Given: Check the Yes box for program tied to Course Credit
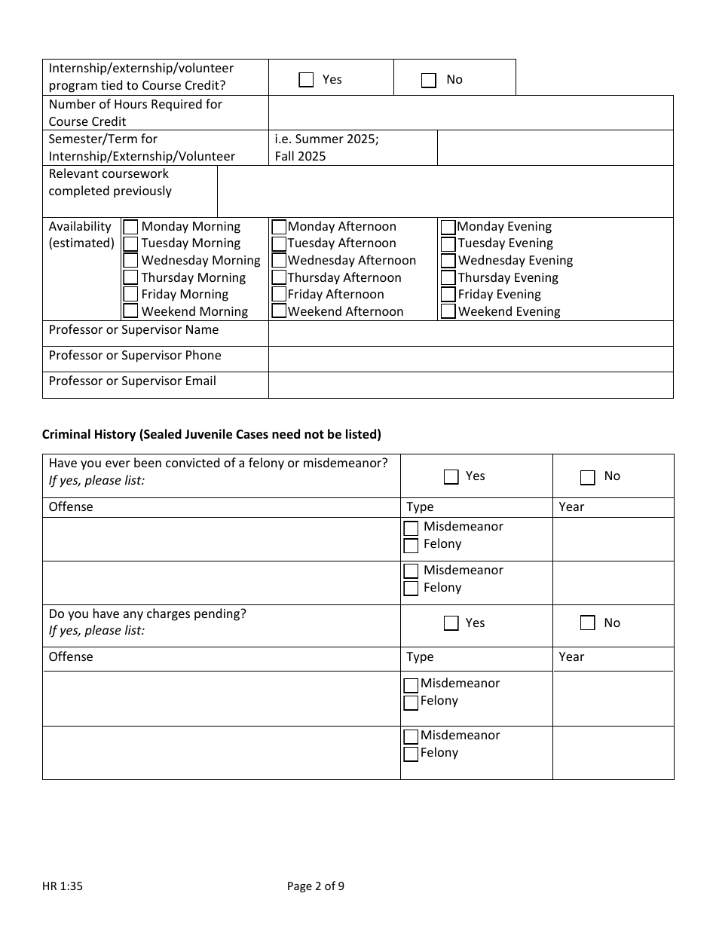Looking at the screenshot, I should tap(306, 80).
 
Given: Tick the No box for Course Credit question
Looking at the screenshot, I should tap(429, 81).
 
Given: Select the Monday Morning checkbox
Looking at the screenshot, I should tap(131, 227).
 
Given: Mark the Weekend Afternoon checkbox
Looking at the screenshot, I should tap(279, 311).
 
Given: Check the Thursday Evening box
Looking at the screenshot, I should tap(448, 278).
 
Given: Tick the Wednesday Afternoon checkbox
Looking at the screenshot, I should tap(279, 261).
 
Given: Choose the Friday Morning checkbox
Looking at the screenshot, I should tap(131, 295).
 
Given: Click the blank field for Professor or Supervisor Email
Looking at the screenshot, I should tap(470, 384).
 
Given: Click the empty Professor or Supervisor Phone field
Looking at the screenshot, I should tap(470, 359).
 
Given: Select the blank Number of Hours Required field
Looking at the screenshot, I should tap(470, 113).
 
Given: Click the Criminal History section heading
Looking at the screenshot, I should tap(212, 434).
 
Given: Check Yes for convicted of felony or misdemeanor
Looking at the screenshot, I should tap(451, 476).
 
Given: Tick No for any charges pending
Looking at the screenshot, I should tap(588, 623).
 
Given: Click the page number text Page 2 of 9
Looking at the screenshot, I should tap(316, 886).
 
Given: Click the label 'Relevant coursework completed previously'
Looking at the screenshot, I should tap(110, 182).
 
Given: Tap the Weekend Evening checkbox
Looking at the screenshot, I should tap(448, 311).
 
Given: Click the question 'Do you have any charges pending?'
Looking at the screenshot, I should tap(148, 613).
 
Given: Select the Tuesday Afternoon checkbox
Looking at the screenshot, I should tap(279, 243).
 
